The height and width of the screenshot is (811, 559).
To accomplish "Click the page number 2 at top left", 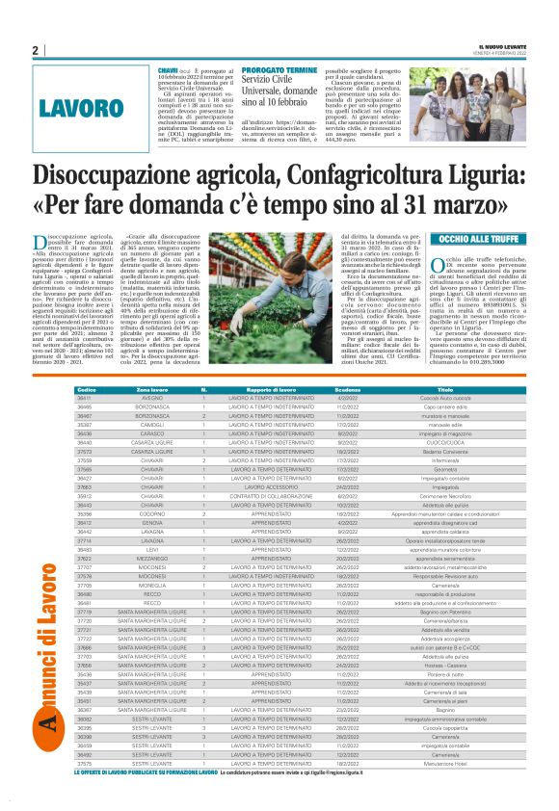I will click(x=35, y=51).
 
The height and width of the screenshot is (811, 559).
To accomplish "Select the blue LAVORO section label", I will click(x=80, y=107).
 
